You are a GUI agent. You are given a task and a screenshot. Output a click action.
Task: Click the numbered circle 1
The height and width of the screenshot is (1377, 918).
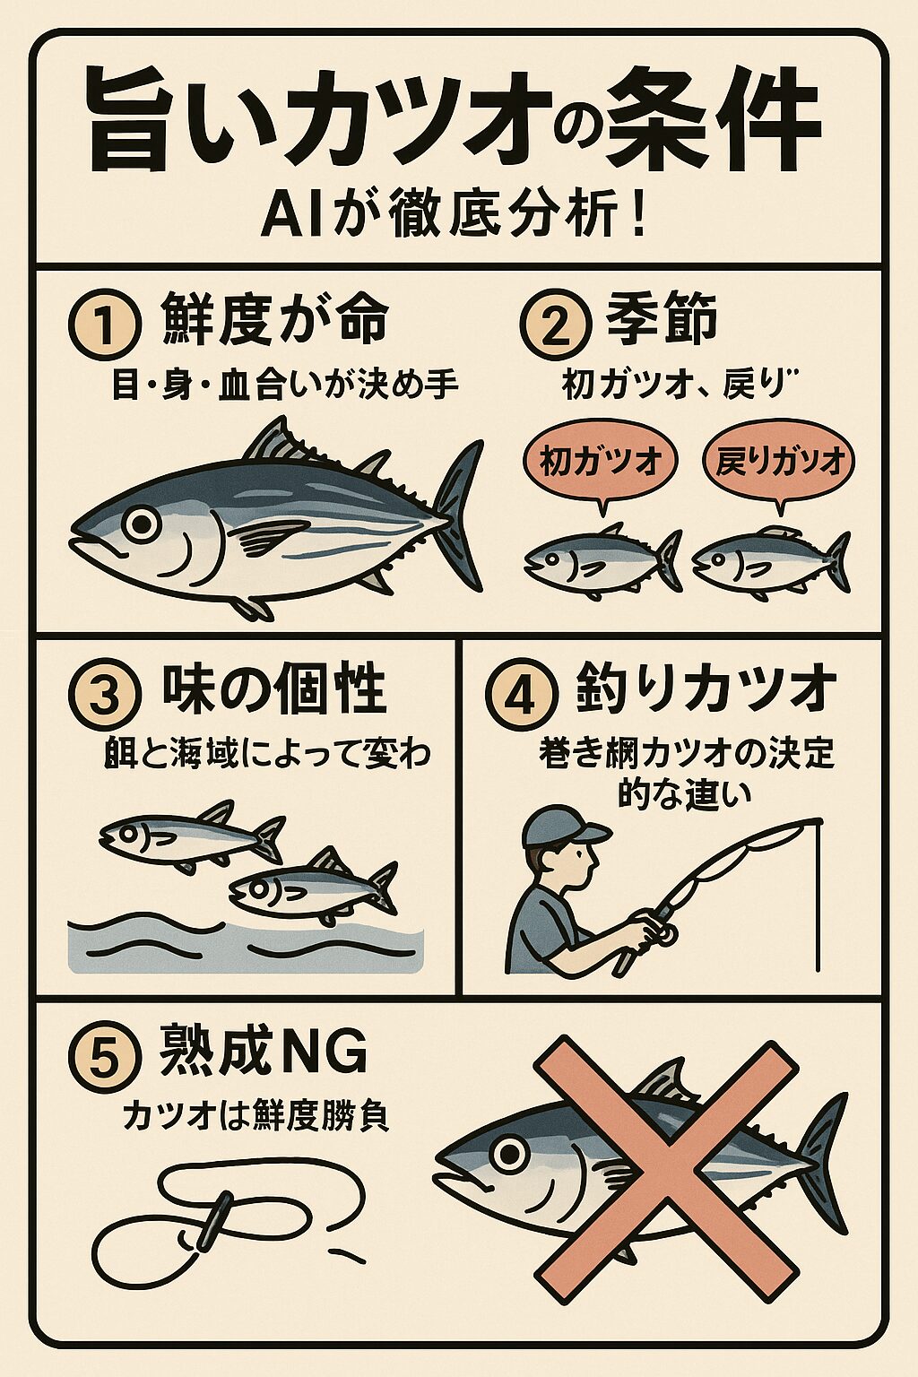tap(104, 324)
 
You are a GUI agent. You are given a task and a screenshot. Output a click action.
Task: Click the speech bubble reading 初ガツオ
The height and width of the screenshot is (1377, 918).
tap(600, 461)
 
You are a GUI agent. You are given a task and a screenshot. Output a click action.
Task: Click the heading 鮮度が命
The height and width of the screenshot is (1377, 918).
tap(274, 320)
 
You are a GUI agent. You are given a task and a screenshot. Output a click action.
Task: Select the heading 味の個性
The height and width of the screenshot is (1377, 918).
tap(273, 690)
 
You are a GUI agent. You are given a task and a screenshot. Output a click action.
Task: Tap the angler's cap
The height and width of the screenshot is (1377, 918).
tap(560, 826)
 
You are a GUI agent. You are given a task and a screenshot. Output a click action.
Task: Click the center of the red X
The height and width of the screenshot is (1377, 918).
tap(665, 1168)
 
